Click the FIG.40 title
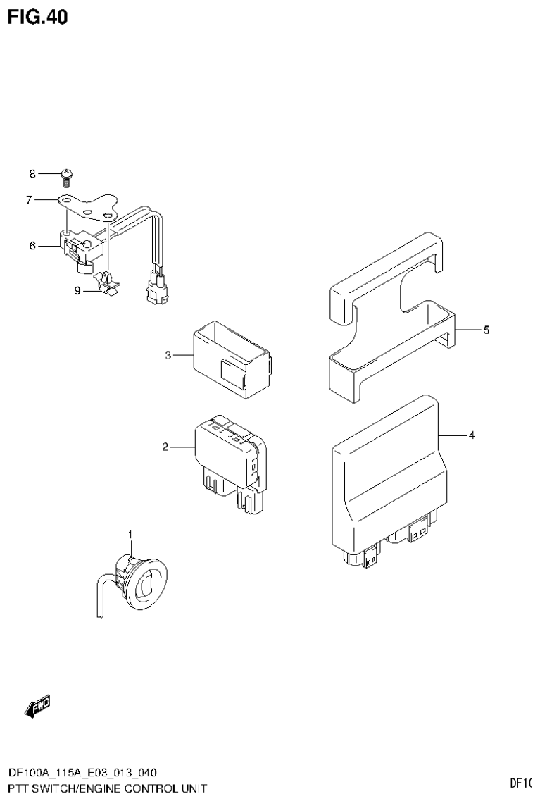[x=38, y=17]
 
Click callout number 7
[x=30, y=200]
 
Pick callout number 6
[x=32, y=246]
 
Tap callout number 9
[x=77, y=290]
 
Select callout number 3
[x=168, y=356]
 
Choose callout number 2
[x=165, y=447]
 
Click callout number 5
[x=486, y=330]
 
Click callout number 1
[x=130, y=536]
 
